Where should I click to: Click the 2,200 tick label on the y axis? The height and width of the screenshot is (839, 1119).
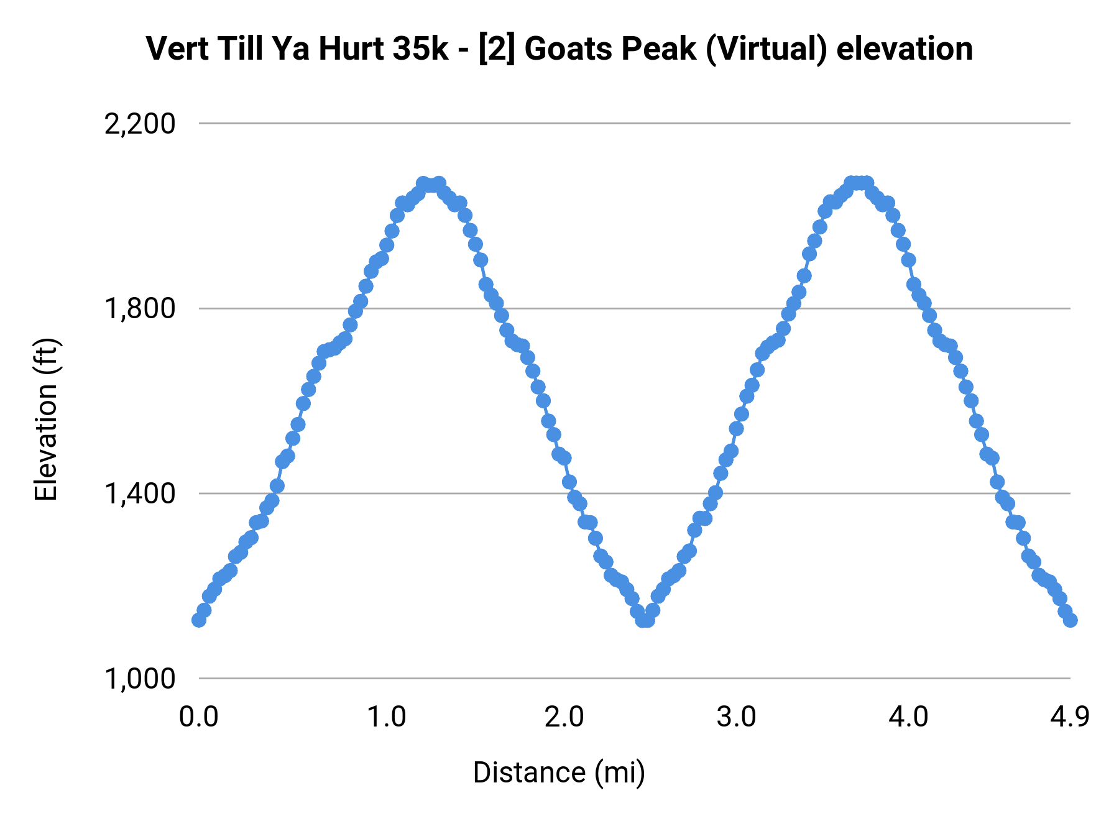pos(140,124)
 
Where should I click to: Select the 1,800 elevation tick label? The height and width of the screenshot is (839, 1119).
pos(140,309)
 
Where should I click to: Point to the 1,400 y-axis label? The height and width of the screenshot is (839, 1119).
pos(140,494)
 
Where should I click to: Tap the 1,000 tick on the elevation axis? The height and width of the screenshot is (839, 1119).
pos(140,679)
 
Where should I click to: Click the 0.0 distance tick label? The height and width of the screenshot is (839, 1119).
pos(198,717)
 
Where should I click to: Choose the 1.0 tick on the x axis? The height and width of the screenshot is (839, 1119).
pos(386,717)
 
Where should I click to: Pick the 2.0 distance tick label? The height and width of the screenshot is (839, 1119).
pos(564,717)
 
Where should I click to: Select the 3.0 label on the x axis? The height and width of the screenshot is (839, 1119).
pos(736,717)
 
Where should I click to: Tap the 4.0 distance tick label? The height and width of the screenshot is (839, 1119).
pos(908,717)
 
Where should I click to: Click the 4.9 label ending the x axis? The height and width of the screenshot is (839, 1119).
pos(1070,717)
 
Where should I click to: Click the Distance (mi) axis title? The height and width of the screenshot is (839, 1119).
pos(559,773)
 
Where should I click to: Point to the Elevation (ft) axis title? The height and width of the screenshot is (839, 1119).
pos(46,419)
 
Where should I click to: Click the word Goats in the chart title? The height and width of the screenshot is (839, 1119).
pos(566,48)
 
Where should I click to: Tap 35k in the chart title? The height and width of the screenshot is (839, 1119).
pos(420,48)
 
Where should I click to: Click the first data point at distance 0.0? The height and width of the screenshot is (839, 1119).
pos(199,620)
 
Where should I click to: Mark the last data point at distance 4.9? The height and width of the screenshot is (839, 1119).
pos(1070,620)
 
